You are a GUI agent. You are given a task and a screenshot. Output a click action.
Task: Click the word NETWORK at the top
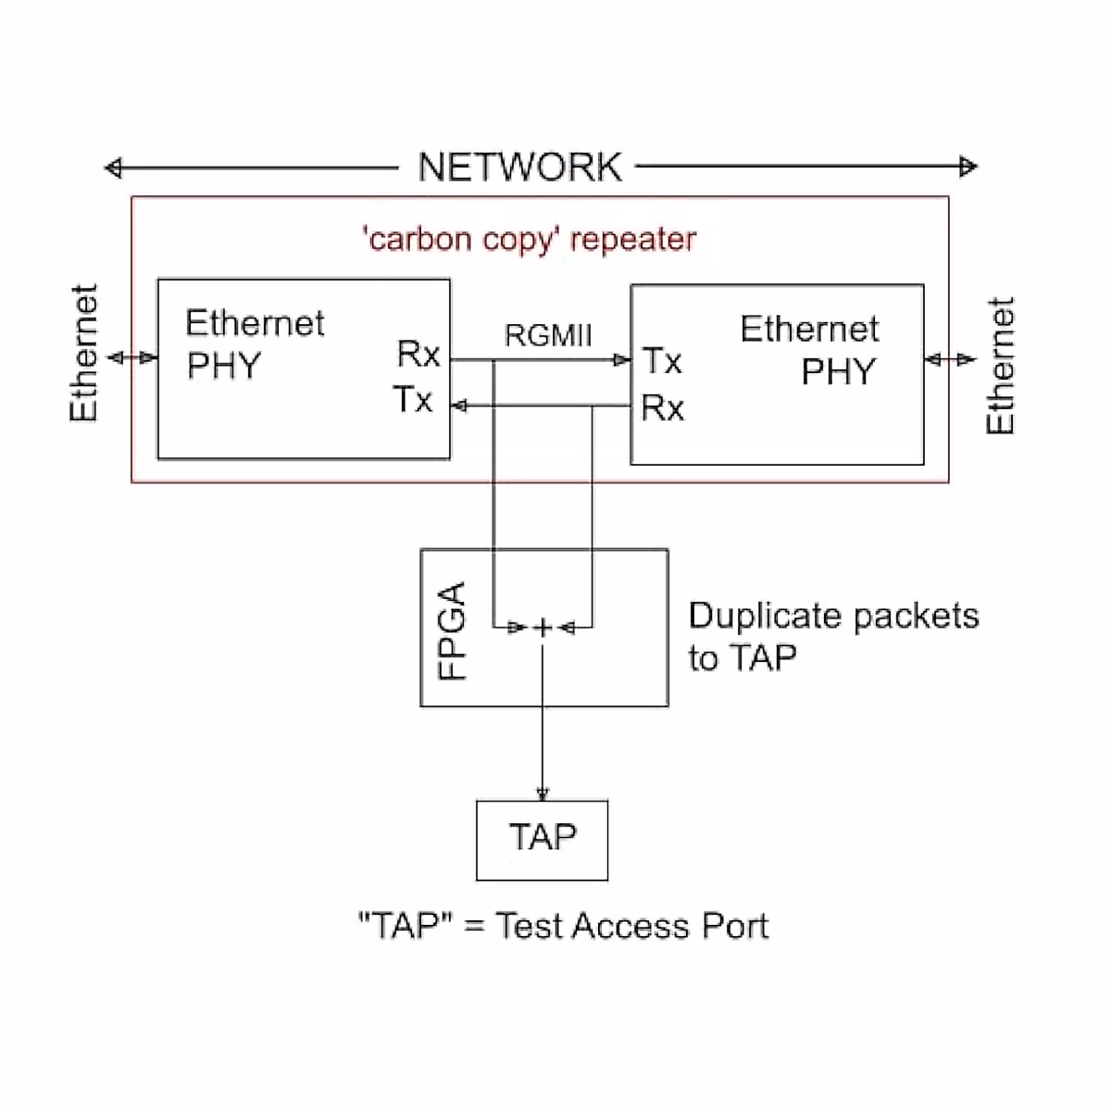coord(519,168)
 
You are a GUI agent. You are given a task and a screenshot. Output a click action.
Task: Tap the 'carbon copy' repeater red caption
coord(529,240)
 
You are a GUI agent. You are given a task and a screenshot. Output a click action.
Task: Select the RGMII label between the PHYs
coord(548,335)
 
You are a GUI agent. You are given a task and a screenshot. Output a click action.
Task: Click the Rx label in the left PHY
coord(418,354)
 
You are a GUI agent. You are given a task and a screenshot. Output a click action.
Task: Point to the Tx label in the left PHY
coord(413,400)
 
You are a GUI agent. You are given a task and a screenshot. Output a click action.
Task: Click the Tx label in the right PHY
coord(662,361)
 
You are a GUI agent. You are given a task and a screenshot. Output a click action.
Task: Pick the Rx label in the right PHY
coord(662,407)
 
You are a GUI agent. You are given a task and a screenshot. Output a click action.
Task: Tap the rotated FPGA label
coord(452,630)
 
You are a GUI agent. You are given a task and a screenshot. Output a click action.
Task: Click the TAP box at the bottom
coord(543,839)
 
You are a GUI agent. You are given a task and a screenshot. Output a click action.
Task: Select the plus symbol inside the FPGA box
coord(543,628)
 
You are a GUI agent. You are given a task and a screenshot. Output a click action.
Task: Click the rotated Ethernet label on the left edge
coord(83,354)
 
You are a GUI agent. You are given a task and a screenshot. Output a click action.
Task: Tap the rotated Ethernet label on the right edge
coord(1000,366)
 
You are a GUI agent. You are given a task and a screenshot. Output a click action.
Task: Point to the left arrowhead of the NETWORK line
coord(113,168)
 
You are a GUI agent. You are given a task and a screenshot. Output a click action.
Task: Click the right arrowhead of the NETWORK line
coord(968,167)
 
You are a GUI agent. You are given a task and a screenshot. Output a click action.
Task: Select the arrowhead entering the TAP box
coord(543,793)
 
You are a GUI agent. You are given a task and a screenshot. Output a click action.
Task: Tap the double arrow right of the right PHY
coord(950,359)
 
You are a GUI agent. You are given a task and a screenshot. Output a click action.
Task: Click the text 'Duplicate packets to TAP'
coord(832,636)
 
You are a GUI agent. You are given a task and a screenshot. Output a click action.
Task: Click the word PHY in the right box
coord(838,372)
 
